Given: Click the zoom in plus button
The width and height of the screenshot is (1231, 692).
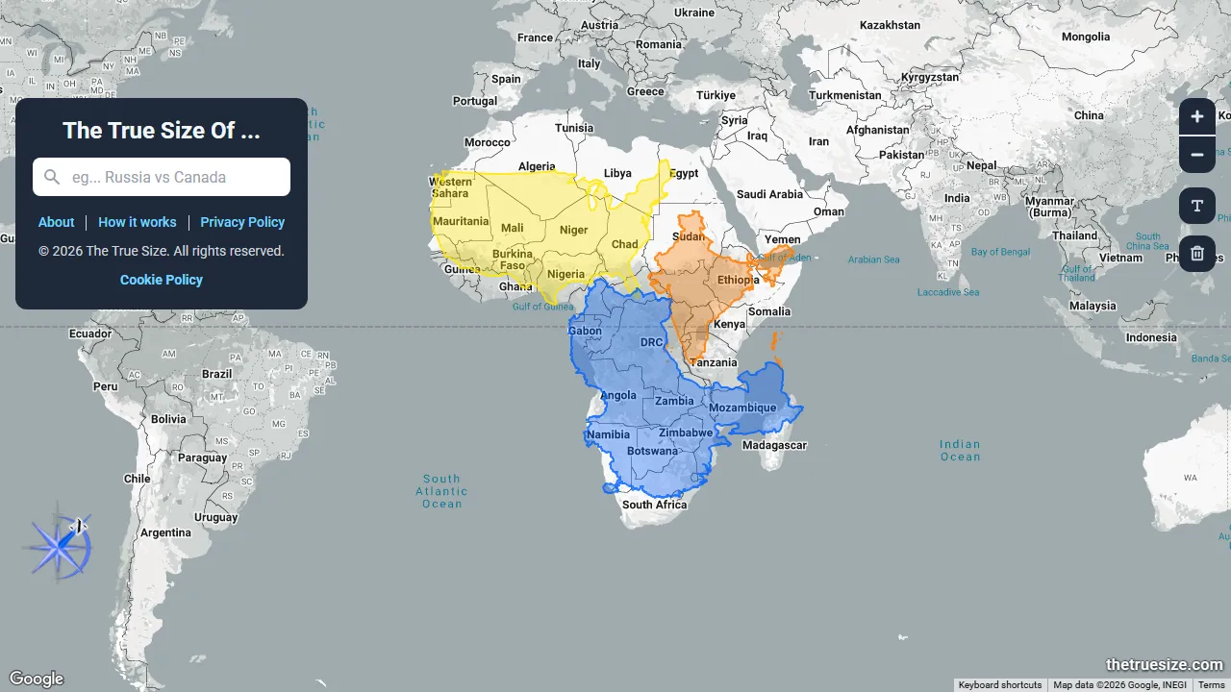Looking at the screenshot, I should click(x=1197, y=117).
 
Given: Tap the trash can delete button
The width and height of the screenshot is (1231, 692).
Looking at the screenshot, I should click(x=1197, y=254).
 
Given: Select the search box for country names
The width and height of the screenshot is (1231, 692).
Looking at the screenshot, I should click(x=162, y=177).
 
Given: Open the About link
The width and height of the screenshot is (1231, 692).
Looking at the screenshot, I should click(x=56, y=222).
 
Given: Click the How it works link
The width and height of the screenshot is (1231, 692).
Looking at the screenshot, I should click(x=138, y=222).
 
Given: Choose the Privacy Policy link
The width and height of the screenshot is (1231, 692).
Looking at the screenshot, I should click(x=242, y=222).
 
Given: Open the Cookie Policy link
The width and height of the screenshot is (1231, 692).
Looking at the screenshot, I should click(x=162, y=280).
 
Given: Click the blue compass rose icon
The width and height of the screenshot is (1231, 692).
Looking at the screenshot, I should click(x=59, y=546).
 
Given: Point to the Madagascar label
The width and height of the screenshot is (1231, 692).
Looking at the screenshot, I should click(x=774, y=445).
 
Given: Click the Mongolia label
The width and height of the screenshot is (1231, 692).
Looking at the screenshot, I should click(x=1086, y=37).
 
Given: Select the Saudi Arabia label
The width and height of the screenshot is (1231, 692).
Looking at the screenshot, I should click(x=772, y=194).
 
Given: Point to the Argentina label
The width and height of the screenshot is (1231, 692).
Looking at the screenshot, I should click(x=165, y=532).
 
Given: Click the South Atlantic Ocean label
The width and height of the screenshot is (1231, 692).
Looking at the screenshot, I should click(x=442, y=491).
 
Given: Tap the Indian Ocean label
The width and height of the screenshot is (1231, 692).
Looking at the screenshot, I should click(x=960, y=450).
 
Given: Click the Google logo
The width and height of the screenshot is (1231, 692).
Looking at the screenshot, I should click(x=37, y=680).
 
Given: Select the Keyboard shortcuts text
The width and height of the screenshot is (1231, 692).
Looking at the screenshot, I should click(x=1000, y=685).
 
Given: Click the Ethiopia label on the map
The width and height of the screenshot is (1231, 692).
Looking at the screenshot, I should click(x=738, y=281).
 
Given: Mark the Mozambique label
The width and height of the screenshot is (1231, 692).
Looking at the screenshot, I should click(x=742, y=408).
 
